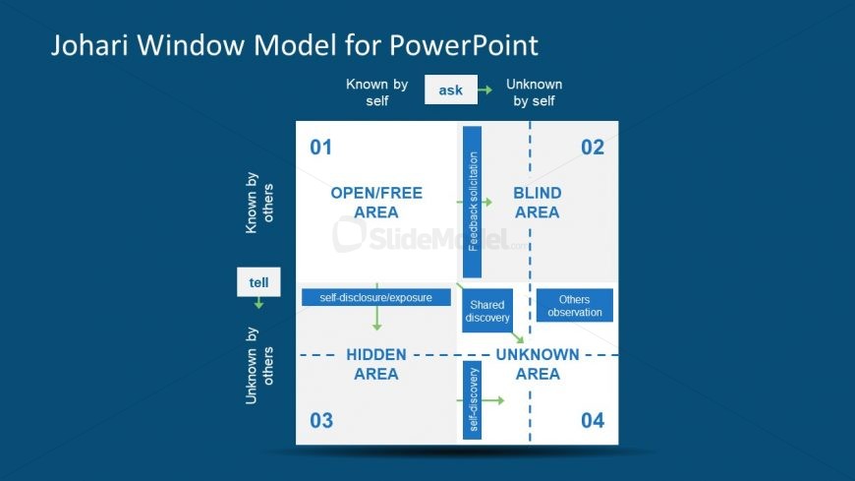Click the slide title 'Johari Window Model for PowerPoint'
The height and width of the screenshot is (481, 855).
click(295, 45)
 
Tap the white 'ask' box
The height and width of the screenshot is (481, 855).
click(450, 90)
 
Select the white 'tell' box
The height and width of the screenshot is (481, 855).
click(258, 281)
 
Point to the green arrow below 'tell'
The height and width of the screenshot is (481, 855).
click(258, 303)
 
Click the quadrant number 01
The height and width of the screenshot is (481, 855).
click(321, 148)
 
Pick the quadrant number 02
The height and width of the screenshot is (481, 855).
click(592, 148)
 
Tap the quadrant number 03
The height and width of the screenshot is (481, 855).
click(321, 421)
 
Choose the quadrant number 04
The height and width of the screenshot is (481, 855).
click(592, 421)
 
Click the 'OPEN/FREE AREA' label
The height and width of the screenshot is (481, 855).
click(363, 203)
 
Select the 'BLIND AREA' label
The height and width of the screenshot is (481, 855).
click(537, 203)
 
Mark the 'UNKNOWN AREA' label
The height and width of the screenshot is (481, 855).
click(537, 364)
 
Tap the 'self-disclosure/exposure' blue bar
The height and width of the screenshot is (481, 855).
click(376, 296)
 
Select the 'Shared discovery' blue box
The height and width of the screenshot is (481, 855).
click(488, 311)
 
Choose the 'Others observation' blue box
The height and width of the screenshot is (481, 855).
click(574, 305)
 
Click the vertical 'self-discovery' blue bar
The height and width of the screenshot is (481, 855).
click(472, 399)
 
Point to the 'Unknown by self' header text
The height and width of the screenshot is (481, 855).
click(534, 92)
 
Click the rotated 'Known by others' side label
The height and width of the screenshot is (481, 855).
click(260, 204)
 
